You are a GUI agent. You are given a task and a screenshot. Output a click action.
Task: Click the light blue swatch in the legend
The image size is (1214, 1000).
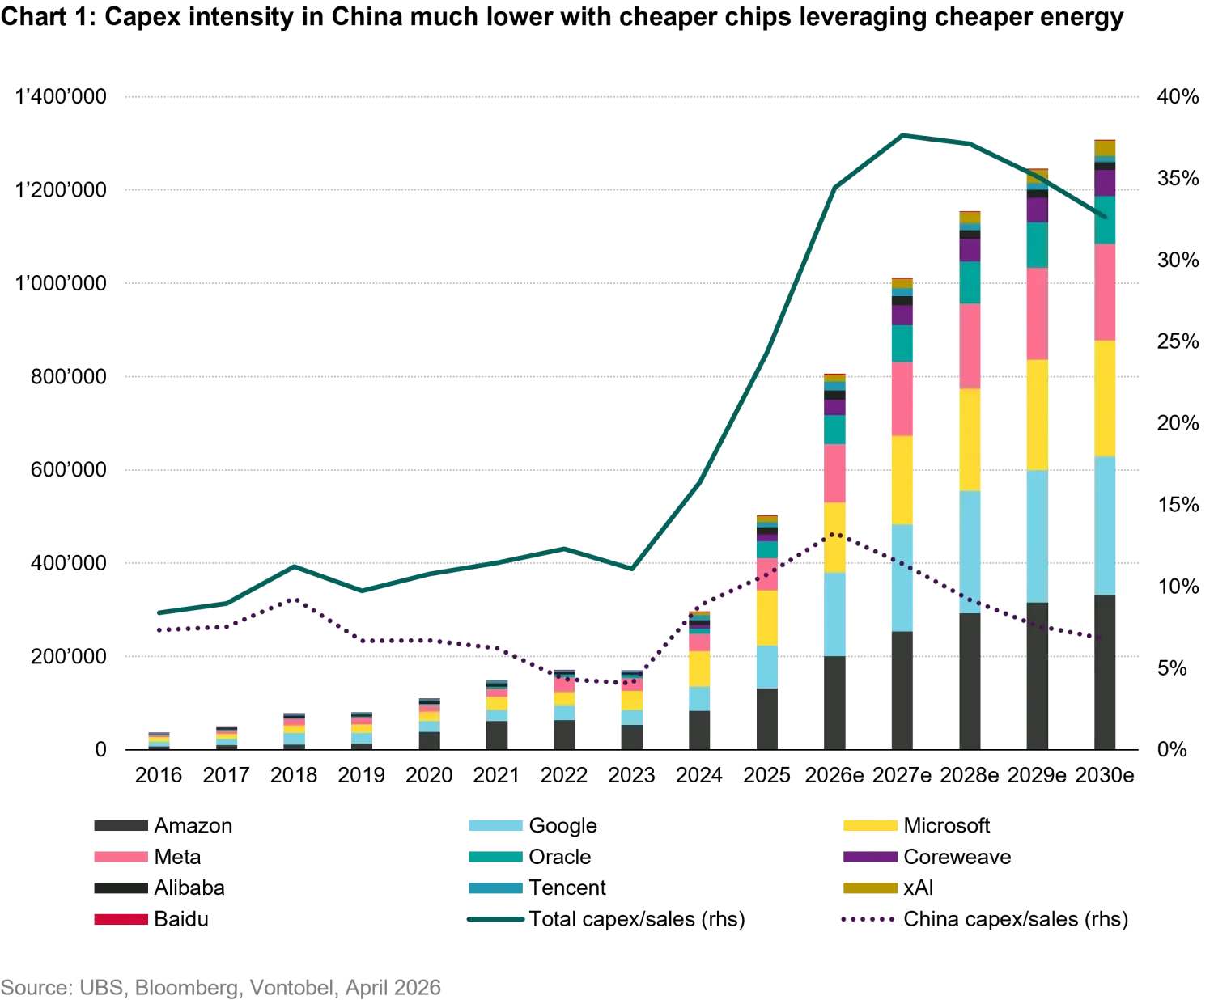point(495,825)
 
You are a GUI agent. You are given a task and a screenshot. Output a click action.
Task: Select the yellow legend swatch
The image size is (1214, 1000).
point(870,825)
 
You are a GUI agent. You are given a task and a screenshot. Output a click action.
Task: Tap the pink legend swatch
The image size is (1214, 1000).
point(120,857)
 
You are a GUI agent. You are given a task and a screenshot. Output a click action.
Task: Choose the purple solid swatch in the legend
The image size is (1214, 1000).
point(870,857)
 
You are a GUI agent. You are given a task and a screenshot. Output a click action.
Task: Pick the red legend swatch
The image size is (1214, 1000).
point(120,919)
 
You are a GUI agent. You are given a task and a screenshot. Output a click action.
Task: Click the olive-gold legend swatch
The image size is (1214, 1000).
point(870,889)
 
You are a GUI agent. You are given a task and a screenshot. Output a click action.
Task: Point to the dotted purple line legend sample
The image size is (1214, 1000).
point(868,920)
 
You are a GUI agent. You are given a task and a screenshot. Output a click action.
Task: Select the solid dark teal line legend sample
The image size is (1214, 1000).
point(498,919)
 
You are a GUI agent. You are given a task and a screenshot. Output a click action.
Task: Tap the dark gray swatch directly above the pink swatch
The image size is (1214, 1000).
point(120,825)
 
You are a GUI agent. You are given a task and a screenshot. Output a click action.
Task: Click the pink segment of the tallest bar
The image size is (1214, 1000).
point(1106,292)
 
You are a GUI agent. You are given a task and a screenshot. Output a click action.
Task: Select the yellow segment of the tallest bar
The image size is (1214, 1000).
point(1106,398)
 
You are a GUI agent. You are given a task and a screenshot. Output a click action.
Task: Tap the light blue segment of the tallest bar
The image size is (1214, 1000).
point(1106,525)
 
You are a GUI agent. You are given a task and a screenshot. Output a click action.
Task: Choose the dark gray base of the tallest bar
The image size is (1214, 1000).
point(1106,671)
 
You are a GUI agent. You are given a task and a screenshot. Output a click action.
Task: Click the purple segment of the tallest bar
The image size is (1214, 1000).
point(1106,183)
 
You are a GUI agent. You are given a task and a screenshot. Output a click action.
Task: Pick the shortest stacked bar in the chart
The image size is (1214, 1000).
point(158,739)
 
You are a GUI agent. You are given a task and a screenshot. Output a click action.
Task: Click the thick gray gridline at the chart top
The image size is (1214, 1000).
point(630,97)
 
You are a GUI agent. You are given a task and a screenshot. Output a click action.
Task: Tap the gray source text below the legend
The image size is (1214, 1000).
point(223,988)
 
